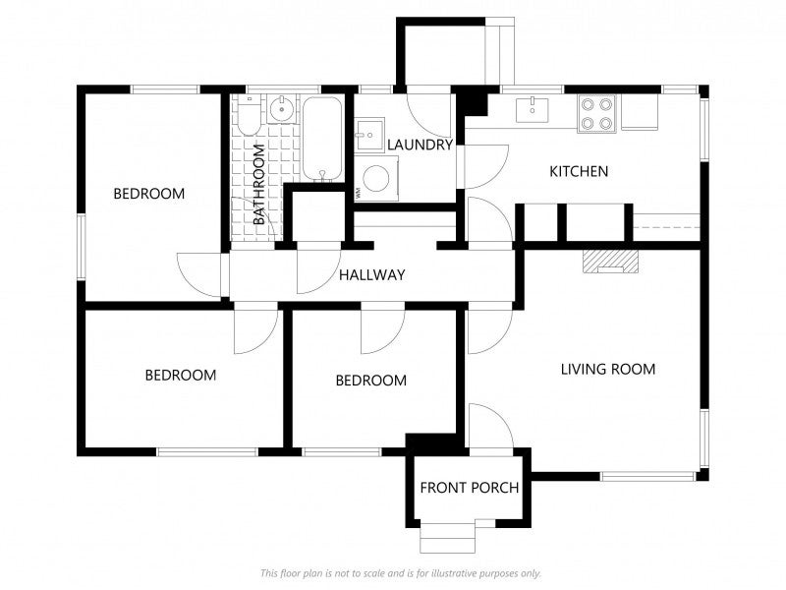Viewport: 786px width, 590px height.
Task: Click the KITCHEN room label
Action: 579,171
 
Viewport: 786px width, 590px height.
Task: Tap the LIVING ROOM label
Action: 608,370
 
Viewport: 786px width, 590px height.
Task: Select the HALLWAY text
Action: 372,275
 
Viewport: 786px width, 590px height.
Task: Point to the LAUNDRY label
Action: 421,145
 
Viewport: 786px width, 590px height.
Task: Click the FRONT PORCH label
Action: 470,488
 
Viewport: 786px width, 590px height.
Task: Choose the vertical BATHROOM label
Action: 258,185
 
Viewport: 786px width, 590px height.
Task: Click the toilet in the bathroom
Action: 249,115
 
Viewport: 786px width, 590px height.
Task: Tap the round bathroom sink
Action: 282,108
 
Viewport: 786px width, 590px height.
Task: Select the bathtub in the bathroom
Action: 323,138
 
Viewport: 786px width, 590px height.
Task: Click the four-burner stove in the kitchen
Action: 597,113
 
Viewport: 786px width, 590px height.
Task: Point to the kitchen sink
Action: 533,109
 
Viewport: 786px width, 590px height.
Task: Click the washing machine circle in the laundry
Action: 376,179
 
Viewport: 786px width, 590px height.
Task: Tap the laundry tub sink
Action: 369,135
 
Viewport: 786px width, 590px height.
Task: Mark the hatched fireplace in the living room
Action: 610,262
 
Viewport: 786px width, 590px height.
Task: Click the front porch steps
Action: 448,536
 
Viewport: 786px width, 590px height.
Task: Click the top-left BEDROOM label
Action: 149,194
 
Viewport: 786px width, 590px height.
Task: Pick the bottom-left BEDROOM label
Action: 181,376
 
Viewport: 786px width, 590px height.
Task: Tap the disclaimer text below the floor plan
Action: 401,573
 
